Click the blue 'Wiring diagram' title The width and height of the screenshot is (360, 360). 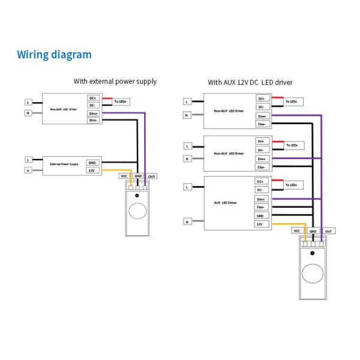(x=55, y=55)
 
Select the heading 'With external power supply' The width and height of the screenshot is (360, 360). (x=115, y=81)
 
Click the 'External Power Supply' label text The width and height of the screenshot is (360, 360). (x=64, y=164)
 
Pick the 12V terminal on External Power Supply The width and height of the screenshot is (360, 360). (x=92, y=170)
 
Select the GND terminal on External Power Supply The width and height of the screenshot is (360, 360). (x=92, y=163)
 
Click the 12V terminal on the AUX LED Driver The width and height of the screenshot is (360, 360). (x=260, y=224)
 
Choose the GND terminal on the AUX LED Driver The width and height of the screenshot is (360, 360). (x=260, y=215)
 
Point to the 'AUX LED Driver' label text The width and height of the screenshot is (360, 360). (x=226, y=203)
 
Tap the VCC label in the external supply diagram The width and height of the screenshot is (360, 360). (x=124, y=176)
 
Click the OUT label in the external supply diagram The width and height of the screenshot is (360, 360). (x=152, y=176)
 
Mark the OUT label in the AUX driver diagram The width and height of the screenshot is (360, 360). (x=329, y=230)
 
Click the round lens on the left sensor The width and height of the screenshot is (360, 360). (x=138, y=211)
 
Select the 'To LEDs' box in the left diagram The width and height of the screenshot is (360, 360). (x=121, y=102)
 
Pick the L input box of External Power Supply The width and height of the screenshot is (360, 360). (x=28, y=160)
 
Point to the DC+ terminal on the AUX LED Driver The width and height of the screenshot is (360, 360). (x=260, y=181)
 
